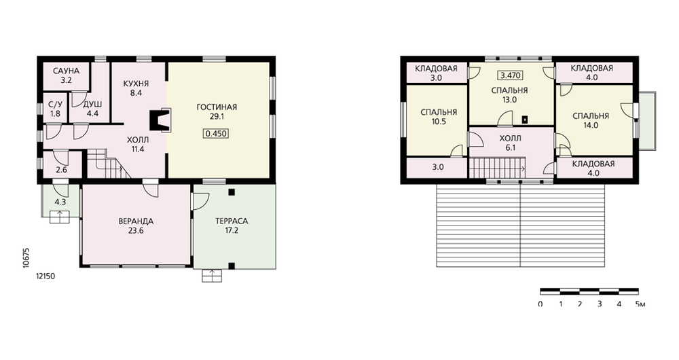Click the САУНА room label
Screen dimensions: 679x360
(67, 71)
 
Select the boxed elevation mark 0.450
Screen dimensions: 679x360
(216, 133)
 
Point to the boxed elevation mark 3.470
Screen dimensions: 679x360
(510, 75)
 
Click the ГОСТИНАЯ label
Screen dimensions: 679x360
(217, 107)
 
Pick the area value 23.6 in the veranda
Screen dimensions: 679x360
(136, 230)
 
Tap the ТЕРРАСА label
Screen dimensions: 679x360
(232, 221)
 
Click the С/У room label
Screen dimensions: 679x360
(55, 105)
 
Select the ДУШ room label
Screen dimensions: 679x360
(92, 105)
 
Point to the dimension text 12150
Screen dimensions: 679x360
(45, 276)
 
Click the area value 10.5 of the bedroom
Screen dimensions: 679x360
(438, 122)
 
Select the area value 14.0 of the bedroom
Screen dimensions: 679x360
(591, 126)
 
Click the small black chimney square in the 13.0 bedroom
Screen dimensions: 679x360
(526, 119)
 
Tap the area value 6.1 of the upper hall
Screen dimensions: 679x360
(511, 147)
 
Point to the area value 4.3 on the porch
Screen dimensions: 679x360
(60, 202)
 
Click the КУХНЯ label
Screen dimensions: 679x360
(136, 84)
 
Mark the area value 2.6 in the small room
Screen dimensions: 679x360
(62, 170)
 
